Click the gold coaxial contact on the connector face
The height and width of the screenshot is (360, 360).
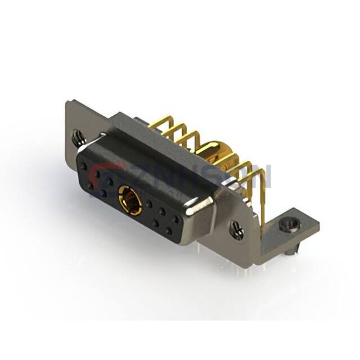pyautogui.click(x=130, y=200)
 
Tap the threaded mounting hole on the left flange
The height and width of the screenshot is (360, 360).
pyautogui.click(x=77, y=137)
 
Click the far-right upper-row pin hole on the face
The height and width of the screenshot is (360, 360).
pyautogui.click(x=175, y=219)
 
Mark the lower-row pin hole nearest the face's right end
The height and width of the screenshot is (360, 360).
pyautogui.click(x=169, y=230)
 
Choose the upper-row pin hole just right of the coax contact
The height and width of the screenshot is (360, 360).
pyautogui.click(x=149, y=204)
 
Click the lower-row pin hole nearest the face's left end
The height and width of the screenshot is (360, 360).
pyautogui.click(x=91, y=185)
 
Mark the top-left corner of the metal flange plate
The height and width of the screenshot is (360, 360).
pyautogui.click(x=67, y=102)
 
